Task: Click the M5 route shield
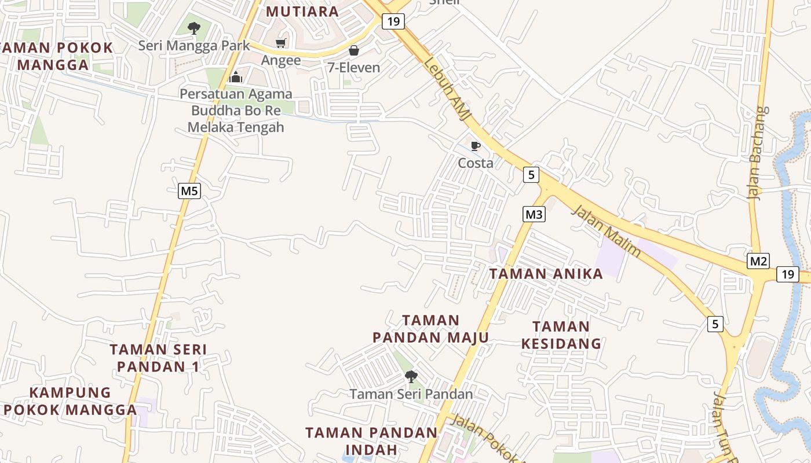tap(189, 191)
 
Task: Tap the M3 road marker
tap(534, 214)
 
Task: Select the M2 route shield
tap(758, 261)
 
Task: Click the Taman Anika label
tap(546, 274)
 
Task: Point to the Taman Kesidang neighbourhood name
tap(561, 335)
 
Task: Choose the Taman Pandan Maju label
tap(431, 329)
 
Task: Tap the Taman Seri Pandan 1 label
tap(158, 358)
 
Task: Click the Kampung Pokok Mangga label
tap(70, 401)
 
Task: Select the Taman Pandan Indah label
tap(371, 440)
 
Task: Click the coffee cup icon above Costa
tap(476, 146)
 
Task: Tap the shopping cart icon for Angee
tap(281, 43)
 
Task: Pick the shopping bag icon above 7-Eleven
tap(354, 51)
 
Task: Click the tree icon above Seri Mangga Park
tap(193, 28)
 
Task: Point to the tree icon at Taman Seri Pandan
tap(411, 377)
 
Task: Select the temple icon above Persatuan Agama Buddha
tap(236, 76)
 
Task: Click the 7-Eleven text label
tap(354, 68)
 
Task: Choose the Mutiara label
tap(302, 12)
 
